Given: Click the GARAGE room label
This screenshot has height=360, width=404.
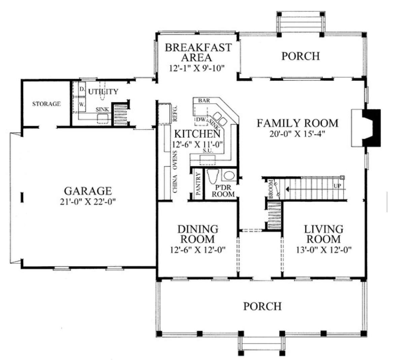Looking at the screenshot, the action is click(x=88, y=191).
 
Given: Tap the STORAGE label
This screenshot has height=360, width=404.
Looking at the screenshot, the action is click(x=46, y=104).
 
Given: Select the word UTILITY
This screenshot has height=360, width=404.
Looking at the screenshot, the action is click(x=103, y=92).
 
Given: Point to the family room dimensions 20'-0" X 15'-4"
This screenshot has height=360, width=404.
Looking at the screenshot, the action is click(x=297, y=134).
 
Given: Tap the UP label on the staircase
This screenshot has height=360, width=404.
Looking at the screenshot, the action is click(x=337, y=186).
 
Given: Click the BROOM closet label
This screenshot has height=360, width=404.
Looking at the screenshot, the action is click(x=271, y=189).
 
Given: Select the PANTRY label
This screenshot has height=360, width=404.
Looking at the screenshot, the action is click(x=198, y=184).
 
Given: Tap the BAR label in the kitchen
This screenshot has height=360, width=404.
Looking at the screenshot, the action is click(x=204, y=100).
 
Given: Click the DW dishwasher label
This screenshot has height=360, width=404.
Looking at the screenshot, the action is click(x=201, y=119).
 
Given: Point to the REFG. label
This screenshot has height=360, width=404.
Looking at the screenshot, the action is click(x=175, y=113).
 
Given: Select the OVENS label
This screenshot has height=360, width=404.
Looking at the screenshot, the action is click(x=175, y=160).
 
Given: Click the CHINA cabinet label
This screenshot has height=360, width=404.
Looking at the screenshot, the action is click(x=175, y=184).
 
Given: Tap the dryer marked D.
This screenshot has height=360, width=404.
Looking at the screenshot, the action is click(x=82, y=89).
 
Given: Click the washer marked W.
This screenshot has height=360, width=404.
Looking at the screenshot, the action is click(x=82, y=104).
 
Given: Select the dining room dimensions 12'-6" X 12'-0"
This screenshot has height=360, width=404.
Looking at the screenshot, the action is click(x=198, y=250).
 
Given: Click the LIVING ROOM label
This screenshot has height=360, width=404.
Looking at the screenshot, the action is click(x=324, y=234).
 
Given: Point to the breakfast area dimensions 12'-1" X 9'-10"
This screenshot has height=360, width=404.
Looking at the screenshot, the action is click(x=197, y=68).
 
